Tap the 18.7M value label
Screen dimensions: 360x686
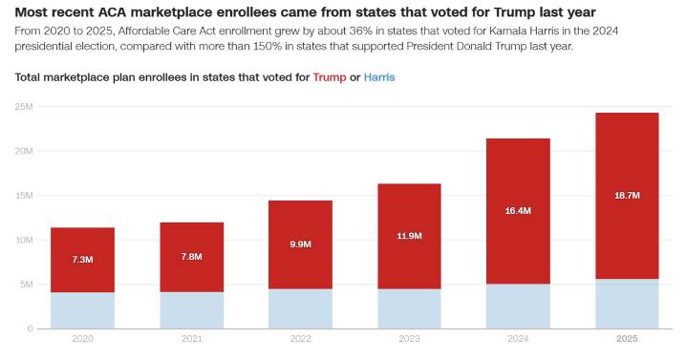click(627, 195)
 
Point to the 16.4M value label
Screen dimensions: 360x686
click(518, 210)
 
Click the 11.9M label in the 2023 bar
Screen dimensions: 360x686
click(409, 235)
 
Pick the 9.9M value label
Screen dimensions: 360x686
click(300, 244)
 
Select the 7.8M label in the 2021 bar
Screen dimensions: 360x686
click(191, 256)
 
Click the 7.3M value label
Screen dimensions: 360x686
click(82, 260)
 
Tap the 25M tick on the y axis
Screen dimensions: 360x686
click(24, 106)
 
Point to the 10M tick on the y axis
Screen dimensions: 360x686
click(24, 240)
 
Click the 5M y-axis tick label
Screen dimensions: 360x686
click(26, 285)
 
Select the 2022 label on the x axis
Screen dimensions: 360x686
click(300, 340)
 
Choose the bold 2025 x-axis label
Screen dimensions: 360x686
click(627, 340)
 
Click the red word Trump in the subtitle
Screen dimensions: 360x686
click(330, 76)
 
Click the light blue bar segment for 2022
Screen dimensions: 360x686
click(300, 308)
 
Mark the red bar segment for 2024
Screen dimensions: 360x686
click(518, 239)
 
